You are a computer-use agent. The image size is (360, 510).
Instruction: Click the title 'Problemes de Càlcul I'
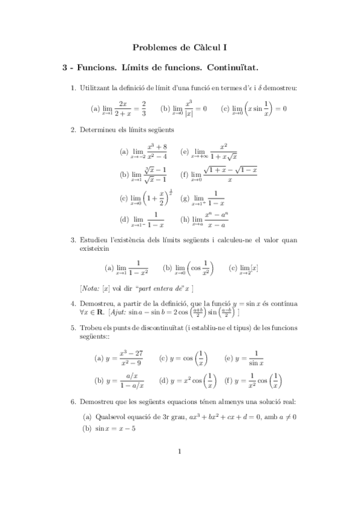180,46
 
